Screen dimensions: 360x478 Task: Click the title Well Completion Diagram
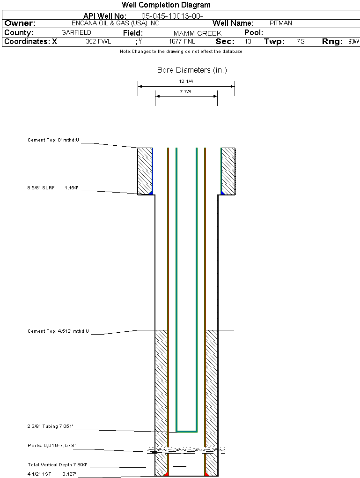pos(166,5)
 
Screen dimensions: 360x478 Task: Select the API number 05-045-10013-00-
pos(172,16)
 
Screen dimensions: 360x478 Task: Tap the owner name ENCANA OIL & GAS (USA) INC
pos(115,23)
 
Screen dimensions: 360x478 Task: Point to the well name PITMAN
pos(281,23)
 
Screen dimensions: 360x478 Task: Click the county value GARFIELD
pos(76,33)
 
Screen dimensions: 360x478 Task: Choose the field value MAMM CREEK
pos(198,33)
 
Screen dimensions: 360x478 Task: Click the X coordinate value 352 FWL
pos(98,41)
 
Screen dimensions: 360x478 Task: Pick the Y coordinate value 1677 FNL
pos(182,41)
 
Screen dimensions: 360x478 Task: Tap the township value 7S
pos(301,41)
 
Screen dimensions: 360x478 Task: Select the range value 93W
pos(354,41)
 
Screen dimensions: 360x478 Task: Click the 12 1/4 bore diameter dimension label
pos(186,82)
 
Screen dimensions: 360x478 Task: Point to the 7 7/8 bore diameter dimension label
pos(185,91)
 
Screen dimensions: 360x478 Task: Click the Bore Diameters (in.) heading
pos(192,70)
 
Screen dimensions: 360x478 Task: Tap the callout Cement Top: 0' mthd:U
pos(53,140)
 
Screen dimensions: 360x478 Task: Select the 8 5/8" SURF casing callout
pos(53,188)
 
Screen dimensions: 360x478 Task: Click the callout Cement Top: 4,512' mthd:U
pos(58,331)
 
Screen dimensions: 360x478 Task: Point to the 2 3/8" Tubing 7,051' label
pos(50,426)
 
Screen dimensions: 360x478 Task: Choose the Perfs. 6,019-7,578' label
pos(51,446)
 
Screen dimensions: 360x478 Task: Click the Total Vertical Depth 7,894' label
pos(57,465)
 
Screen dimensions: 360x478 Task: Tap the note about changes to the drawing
pos(181,52)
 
